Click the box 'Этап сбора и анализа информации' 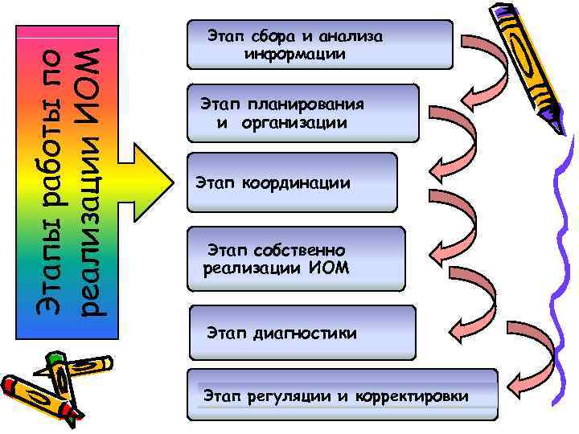pos(319,44)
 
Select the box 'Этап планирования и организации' pos(302,113)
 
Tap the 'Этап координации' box pos(291,182)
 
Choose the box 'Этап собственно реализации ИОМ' pos(295,258)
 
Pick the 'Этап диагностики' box pos(302,332)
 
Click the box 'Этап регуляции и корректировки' pos(342,395)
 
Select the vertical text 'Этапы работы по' pos(49,181)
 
